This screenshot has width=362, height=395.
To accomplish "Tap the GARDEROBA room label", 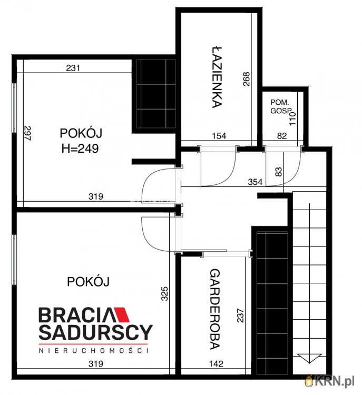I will click(x=214, y=309).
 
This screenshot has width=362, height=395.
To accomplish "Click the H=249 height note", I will click(x=80, y=149).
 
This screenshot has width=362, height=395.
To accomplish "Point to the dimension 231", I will click(x=74, y=67).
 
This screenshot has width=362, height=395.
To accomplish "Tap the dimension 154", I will click(x=219, y=136).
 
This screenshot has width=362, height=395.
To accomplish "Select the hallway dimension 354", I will click(x=256, y=182).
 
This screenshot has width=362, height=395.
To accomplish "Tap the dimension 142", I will click(x=216, y=363).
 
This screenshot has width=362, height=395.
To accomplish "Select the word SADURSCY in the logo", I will click(x=95, y=332).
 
